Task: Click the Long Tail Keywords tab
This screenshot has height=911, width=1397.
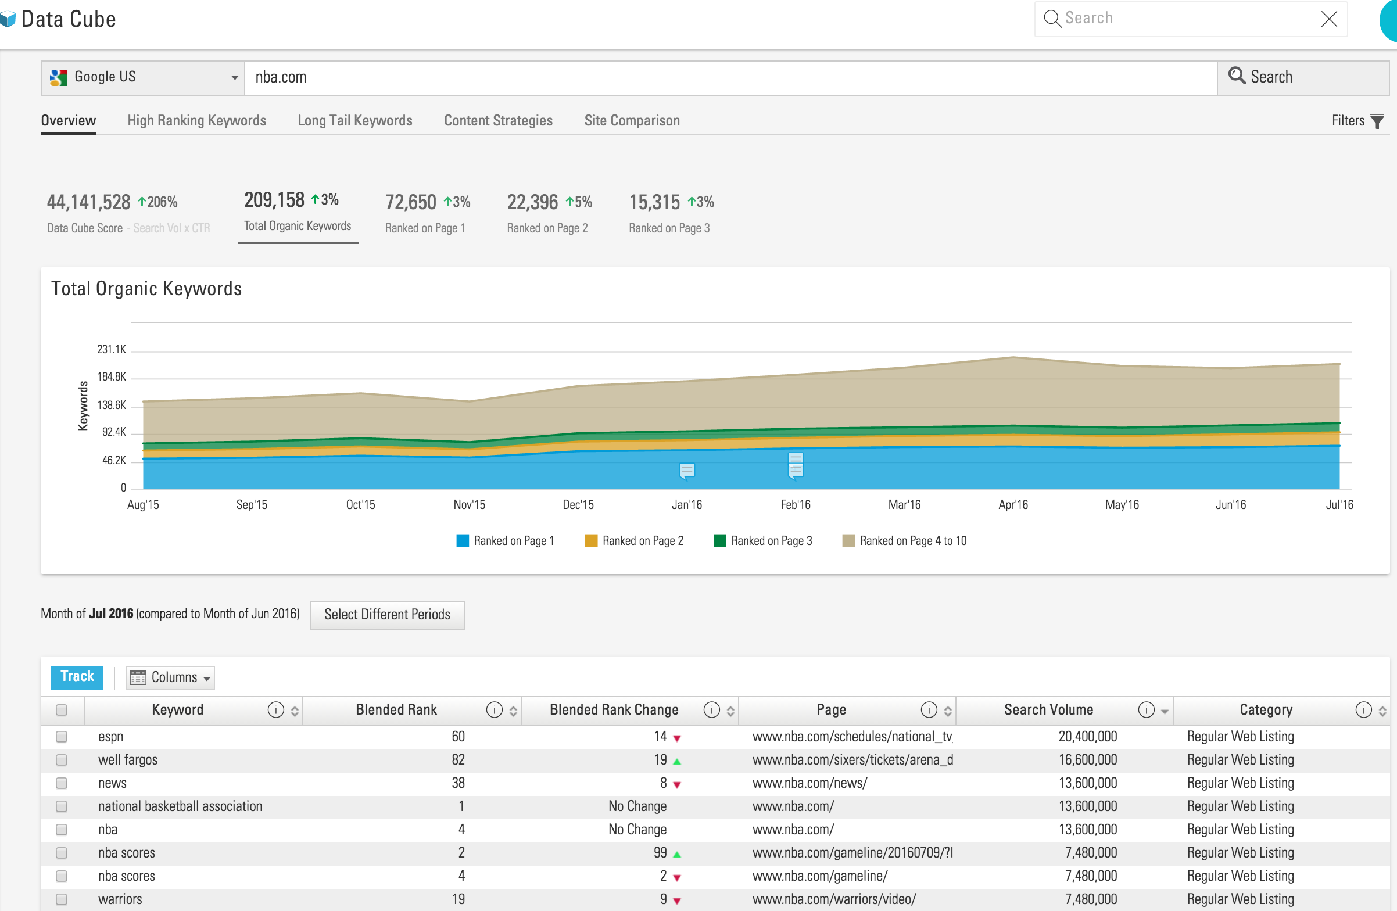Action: [x=354, y=120]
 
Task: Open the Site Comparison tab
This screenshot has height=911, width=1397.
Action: [x=632, y=120]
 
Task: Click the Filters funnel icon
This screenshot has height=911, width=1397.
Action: [x=1377, y=121]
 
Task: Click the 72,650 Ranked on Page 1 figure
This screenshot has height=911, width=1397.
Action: [x=410, y=202]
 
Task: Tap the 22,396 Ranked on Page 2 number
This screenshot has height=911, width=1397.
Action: [x=532, y=202]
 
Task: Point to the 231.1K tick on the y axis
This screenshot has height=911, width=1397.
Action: [x=112, y=349]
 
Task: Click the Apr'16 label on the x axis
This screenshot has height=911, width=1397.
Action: [x=1012, y=505]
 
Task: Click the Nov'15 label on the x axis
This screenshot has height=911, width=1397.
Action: [x=469, y=505]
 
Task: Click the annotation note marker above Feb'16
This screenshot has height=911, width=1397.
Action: [x=796, y=465]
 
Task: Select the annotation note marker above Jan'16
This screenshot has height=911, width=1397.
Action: [x=687, y=471]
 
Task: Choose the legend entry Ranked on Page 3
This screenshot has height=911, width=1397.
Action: [x=763, y=540]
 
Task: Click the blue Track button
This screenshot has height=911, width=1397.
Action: [x=77, y=677]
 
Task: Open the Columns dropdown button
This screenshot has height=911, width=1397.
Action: [x=170, y=677]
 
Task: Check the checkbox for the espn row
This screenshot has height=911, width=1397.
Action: [x=62, y=737]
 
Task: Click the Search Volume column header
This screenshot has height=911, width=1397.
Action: [x=1048, y=709]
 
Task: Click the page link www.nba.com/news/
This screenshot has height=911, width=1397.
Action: [x=809, y=783]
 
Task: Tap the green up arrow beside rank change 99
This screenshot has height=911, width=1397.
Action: [x=677, y=854]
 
